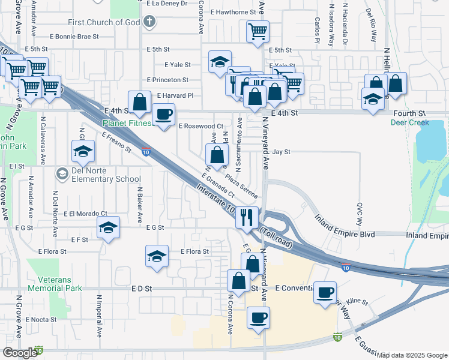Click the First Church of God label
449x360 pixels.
(x=104, y=23)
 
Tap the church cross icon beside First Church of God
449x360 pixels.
(x=149, y=23)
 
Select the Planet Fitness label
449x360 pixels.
(x=127, y=124)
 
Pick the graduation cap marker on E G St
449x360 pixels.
(x=107, y=228)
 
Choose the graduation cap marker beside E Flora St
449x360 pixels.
(x=157, y=256)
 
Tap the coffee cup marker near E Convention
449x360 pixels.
(x=325, y=292)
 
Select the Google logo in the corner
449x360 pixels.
(x=20, y=353)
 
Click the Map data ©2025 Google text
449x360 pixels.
(x=412, y=355)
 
